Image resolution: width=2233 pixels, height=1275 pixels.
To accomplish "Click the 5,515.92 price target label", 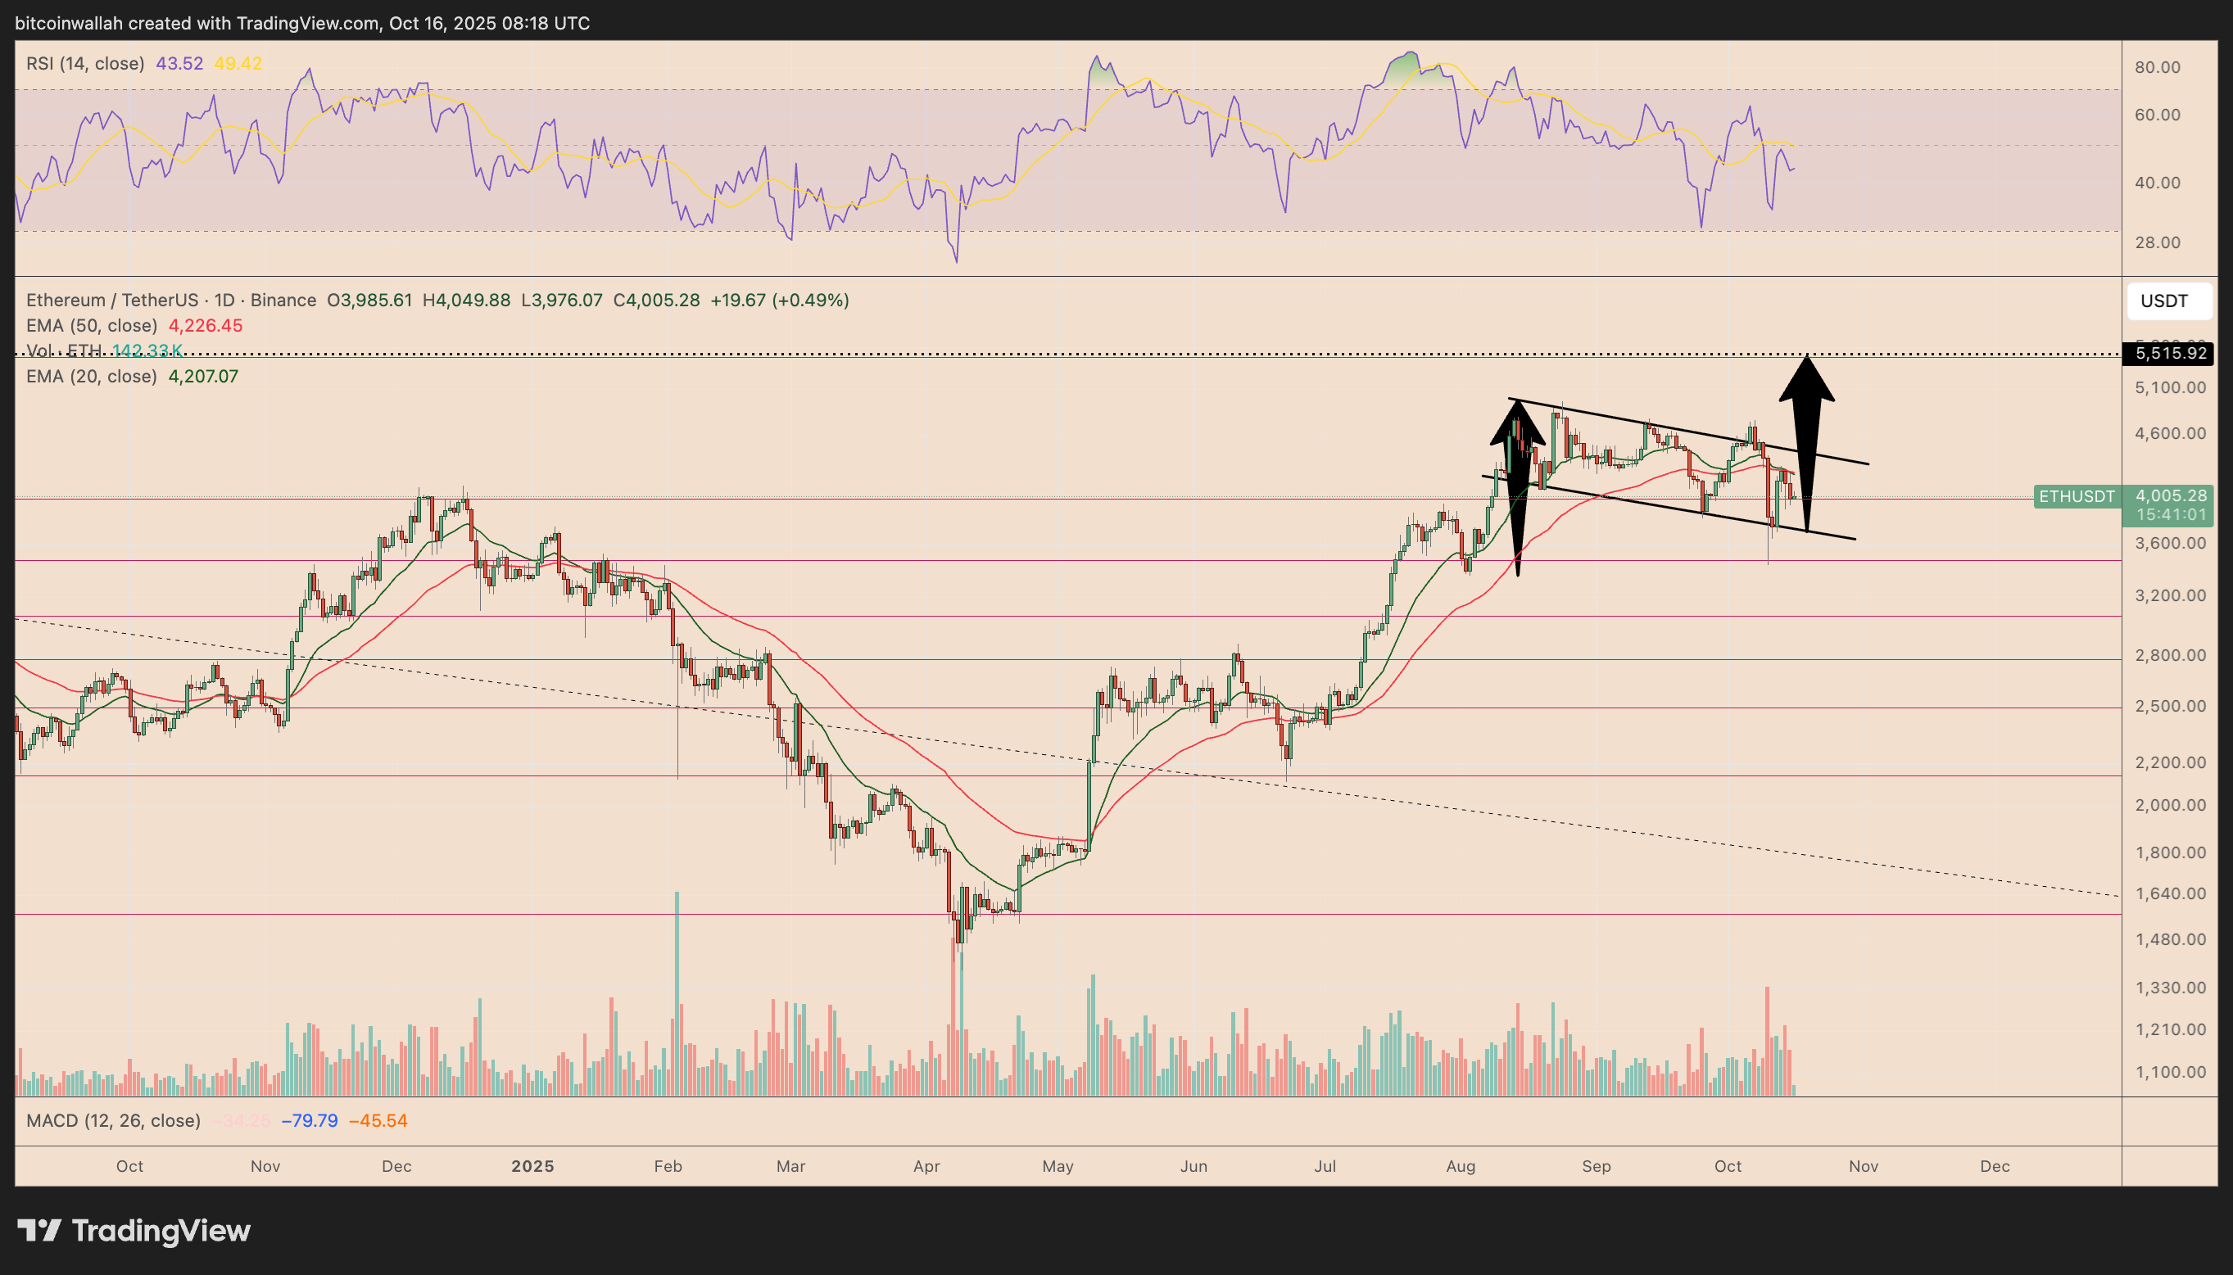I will click(x=2169, y=354).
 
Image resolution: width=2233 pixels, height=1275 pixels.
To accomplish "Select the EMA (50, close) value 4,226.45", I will click(x=205, y=326).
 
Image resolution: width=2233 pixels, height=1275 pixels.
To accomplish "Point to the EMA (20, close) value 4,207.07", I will click(x=202, y=377).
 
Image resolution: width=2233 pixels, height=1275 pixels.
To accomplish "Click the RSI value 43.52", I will click(x=179, y=64).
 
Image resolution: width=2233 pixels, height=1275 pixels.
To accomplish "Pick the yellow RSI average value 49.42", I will click(x=238, y=64).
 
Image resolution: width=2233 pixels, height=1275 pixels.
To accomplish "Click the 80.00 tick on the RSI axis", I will click(x=2158, y=67).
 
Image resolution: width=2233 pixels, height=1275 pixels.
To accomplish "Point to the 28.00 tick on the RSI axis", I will click(x=2158, y=242).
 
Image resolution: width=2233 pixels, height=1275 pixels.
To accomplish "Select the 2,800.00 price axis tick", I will click(x=2170, y=655).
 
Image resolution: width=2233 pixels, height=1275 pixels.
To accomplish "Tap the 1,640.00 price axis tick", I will click(x=2170, y=894).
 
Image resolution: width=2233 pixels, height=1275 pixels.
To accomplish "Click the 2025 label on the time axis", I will click(x=532, y=1166).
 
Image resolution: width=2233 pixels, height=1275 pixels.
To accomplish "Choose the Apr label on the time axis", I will click(x=926, y=1166).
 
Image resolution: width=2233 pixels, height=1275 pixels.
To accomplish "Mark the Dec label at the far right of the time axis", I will click(x=1995, y=1166).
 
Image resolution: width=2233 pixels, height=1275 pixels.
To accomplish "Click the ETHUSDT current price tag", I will click(x=2077, y=496).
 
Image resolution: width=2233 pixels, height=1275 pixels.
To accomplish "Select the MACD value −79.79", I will click(x=309, y=1121).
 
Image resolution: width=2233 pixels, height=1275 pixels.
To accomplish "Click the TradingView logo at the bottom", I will click(x=134, y=1232).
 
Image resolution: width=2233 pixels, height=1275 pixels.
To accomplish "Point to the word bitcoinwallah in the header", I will click(x=69, y=24).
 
